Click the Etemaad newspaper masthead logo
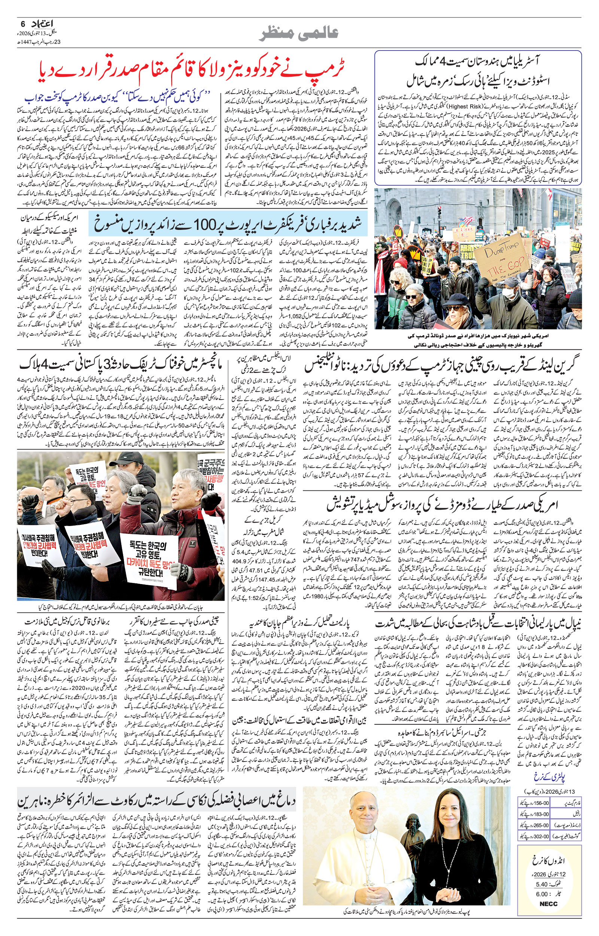coord(42,24)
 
